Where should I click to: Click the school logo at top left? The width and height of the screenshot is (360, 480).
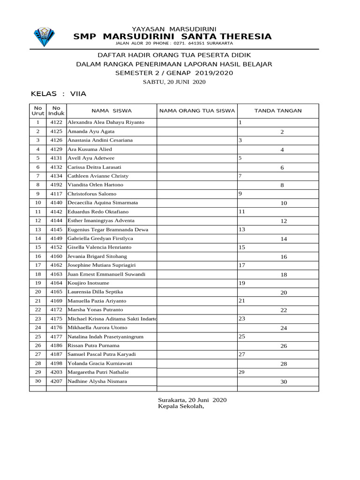(44, 37)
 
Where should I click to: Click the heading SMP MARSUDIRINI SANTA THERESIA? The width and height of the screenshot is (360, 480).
(172, 37)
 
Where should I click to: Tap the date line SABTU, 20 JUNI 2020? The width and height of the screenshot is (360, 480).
(174, 82)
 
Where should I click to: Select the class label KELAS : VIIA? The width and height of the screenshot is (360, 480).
(59, 94)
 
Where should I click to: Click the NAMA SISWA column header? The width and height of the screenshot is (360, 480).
(112, 111)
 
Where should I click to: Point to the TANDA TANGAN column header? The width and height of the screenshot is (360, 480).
(277, 111)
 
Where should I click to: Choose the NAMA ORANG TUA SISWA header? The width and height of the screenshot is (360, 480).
(197, 111)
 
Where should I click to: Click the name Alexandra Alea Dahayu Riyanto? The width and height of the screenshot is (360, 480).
(106, 122)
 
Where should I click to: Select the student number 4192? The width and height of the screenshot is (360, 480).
(56, 185)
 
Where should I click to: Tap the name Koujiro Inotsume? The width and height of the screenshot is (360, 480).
(89, 283)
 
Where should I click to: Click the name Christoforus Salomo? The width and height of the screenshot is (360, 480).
(92, 194)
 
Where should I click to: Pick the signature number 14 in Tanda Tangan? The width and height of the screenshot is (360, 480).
(284, 239)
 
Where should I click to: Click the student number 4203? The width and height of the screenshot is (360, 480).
(56, 372)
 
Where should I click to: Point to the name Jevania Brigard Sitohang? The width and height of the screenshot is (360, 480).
(97, 256)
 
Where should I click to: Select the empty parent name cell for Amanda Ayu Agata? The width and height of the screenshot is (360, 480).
(197, 131)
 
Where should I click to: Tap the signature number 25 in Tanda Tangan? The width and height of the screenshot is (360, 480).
(242, 337)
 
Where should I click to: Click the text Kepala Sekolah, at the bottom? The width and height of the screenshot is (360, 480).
(181, 406)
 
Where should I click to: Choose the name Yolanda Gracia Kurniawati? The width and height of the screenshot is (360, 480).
(100, 363)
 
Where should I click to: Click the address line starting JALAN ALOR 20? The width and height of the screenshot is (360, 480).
(174, 44)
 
